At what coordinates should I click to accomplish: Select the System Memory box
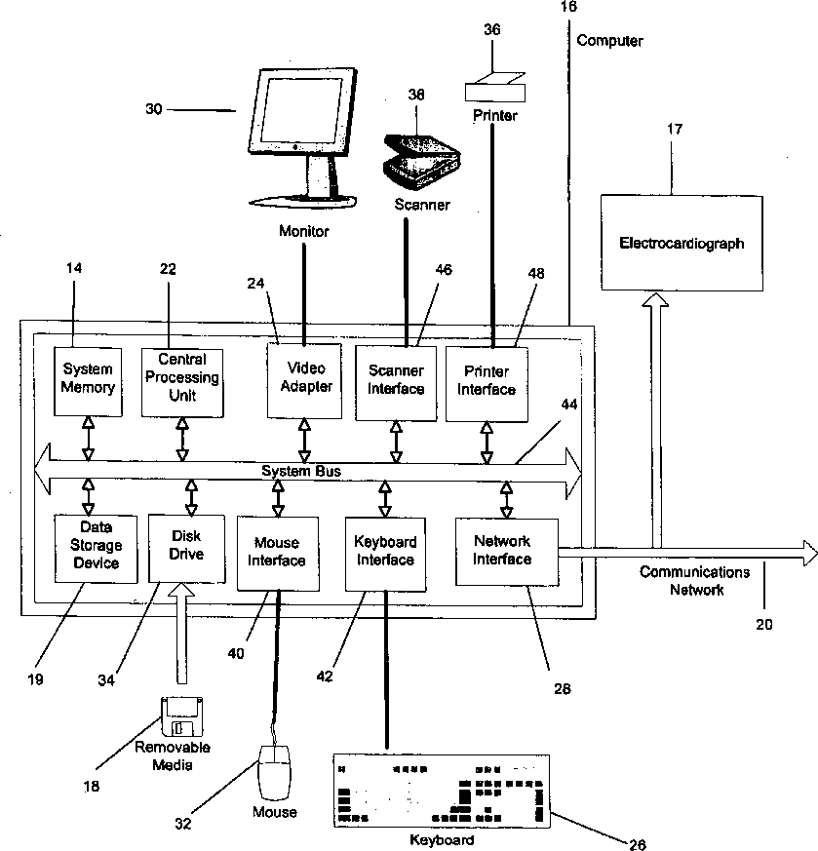click(88, 377)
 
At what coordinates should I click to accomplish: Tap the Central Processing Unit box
click(181, 379)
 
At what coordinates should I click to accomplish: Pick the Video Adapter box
click(305, 377)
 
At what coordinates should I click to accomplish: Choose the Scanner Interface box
click(396, 381)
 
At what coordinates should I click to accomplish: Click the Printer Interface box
click(487, 381)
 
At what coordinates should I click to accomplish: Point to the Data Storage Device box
click(96, 549)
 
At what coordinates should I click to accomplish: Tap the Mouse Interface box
click(277, 552)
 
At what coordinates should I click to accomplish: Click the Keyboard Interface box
click(385, 552)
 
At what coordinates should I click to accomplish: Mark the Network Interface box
click(503, 551)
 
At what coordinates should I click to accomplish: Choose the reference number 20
click(764, 624)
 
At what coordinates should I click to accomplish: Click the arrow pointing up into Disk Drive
click(179, 634)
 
